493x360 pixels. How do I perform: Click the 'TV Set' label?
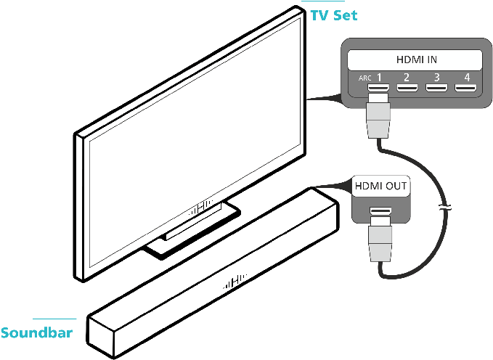tap(333, 15)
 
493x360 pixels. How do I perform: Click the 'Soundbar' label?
tap(36, 334)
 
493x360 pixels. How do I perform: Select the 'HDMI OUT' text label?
tap(380, 187)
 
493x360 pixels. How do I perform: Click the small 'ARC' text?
tap(364, 78)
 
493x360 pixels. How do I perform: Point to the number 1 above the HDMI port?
tap(378, 78)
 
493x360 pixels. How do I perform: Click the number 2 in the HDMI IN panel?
tap(407, 78)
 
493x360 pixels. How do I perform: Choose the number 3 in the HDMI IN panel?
tap(436, 78)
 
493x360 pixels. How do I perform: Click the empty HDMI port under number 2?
tap(407, 90)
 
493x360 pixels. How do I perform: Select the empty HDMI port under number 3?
tap(436, 90)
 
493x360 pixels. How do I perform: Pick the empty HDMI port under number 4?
tap(465, 90)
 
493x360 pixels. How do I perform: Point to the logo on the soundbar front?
tap(236, 282)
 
